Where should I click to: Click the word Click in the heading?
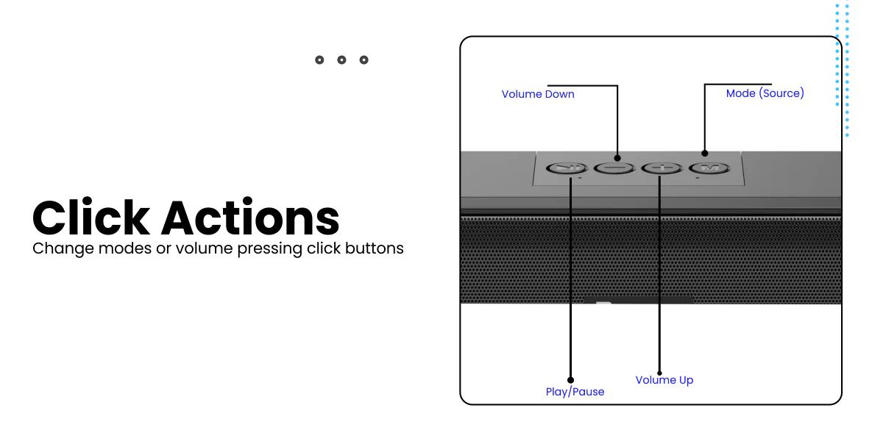point(91,217)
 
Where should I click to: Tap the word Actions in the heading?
point(250,218)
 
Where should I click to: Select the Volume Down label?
point(538,94)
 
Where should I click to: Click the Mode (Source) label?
point(765,93)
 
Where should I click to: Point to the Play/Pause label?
point(575,392)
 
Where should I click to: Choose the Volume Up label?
point(664,380)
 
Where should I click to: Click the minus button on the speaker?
point(614,168)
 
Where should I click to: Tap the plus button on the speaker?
point(662,168)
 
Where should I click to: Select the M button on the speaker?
point(709,168)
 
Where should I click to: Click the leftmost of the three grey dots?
point(319,60)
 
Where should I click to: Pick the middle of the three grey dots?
point(341,60)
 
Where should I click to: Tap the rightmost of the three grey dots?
point(364,60)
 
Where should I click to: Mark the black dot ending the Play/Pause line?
point(570,380)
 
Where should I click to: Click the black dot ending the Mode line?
point(705,153)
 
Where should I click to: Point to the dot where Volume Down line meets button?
point(617,158)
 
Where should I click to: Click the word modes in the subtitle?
point(124,248)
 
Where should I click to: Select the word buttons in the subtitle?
point(374,248)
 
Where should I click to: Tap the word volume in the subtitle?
point(205,248)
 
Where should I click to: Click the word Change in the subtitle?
point(63,249)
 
